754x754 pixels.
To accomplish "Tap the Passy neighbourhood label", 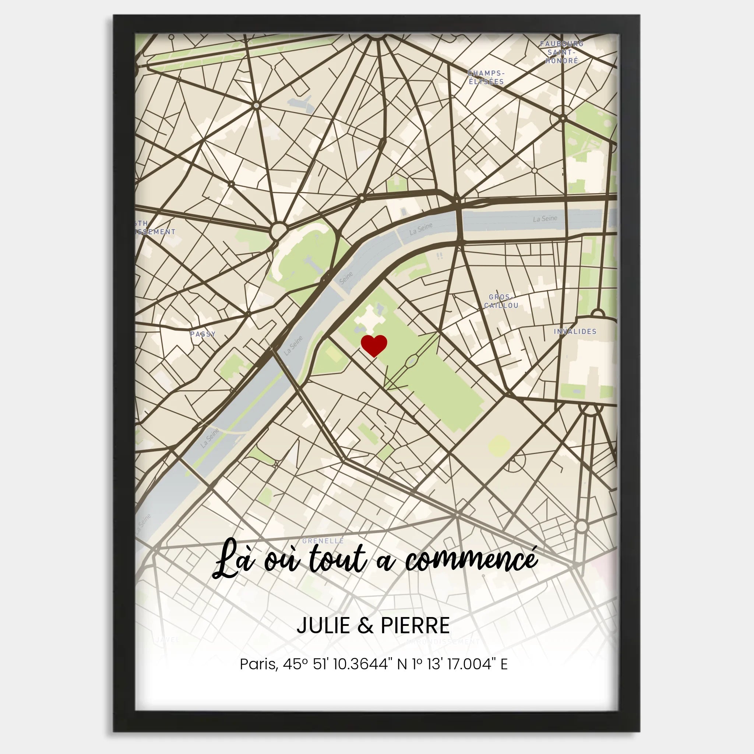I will [202, 334].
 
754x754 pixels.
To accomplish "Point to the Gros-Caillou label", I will [501, 301].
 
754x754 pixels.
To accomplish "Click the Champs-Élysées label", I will [486, 78].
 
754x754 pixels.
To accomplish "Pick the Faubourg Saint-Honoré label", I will [562, 52].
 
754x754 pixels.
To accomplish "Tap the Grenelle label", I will [323, 541].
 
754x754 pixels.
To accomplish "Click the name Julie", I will [323, 626].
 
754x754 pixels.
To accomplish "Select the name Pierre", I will [415, 626].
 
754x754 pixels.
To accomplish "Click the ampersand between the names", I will [365, 626].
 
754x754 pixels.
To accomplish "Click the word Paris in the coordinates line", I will [258, 664].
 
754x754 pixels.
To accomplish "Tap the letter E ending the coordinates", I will [504, 664].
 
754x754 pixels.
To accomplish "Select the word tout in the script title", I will [338, 560].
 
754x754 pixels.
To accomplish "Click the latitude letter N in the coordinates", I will [402, 664].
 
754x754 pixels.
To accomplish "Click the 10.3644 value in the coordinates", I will [360, 664].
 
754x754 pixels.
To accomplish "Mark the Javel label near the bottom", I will [167, 640].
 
